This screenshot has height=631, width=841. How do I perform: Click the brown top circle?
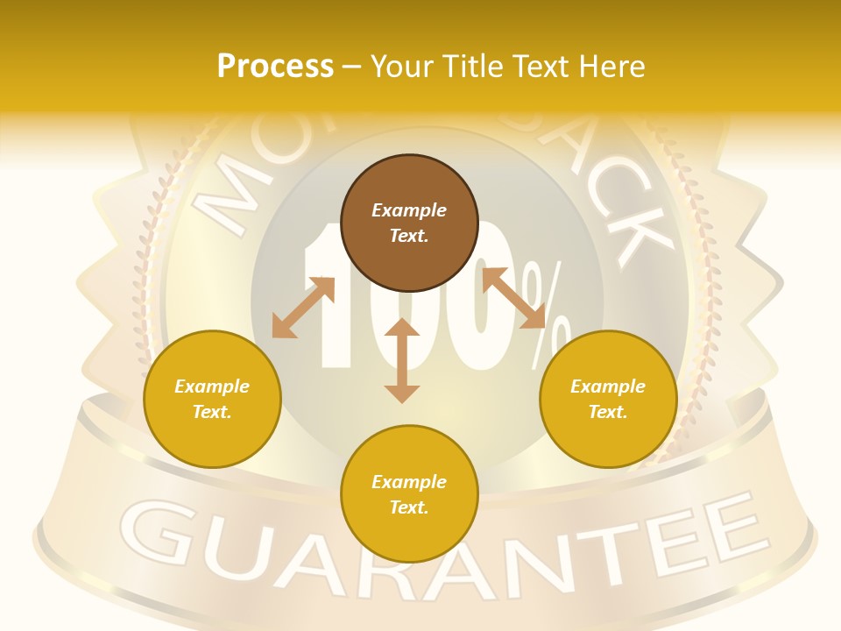click(x=409, y=223)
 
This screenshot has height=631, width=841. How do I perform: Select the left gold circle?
click(x=212, y=399)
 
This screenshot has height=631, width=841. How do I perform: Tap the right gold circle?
click(x=608, y=399)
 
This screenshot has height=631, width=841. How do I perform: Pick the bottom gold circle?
click(x=409, y=494)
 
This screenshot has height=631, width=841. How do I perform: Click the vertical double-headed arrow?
click(x=402, y=360)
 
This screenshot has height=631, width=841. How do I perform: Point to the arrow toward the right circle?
click(x=513, y=298)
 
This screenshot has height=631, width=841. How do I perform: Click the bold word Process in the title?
click(x=275, y=66)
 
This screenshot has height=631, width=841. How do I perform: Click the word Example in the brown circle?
click(x=409, y=210)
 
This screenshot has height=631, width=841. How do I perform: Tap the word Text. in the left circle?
click(x=212, y=412)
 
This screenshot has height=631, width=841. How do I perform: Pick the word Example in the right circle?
click(x=608, y=386)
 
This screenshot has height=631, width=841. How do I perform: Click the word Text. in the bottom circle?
click(x=409, y=507)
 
